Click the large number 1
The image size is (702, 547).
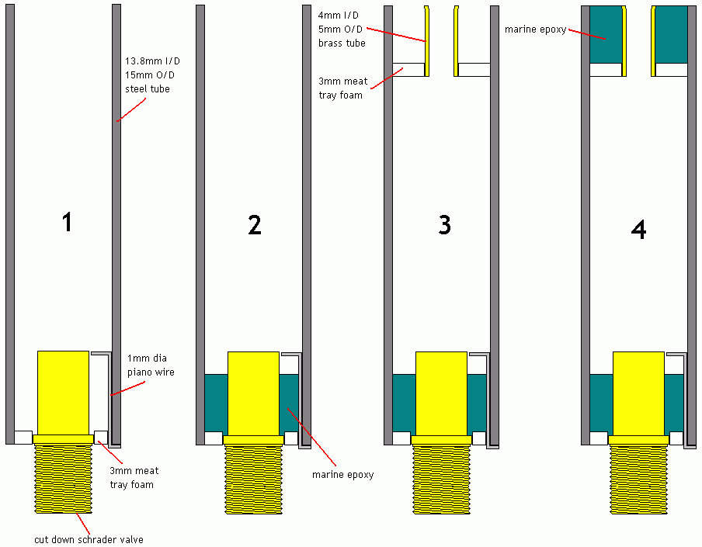pyautogui.click(x=68, y=223)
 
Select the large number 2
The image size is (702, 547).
pyautogui.click(x=254, y=225)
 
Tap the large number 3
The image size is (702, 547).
pyautogui.click(x=444, y=225)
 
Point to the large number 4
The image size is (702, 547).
pyautogui.click(x=639, y=230)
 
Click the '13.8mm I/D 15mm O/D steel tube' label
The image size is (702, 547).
pyautogui.click(x=148, y=74)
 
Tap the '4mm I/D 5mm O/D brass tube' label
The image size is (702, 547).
pyautogui.click(x=342, y=29)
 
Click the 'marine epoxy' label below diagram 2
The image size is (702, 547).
pyautogui.click(x=342, y=474)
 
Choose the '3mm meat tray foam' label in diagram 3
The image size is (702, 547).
pyautogui.click(x=342, y=88)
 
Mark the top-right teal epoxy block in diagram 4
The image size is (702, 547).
pyautogui.click(x=672, y=34)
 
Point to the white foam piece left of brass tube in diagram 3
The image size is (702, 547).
pyautogui.click(x=408, y=69)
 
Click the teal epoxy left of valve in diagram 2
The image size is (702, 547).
pyautogui.click(x=216, y=403)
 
